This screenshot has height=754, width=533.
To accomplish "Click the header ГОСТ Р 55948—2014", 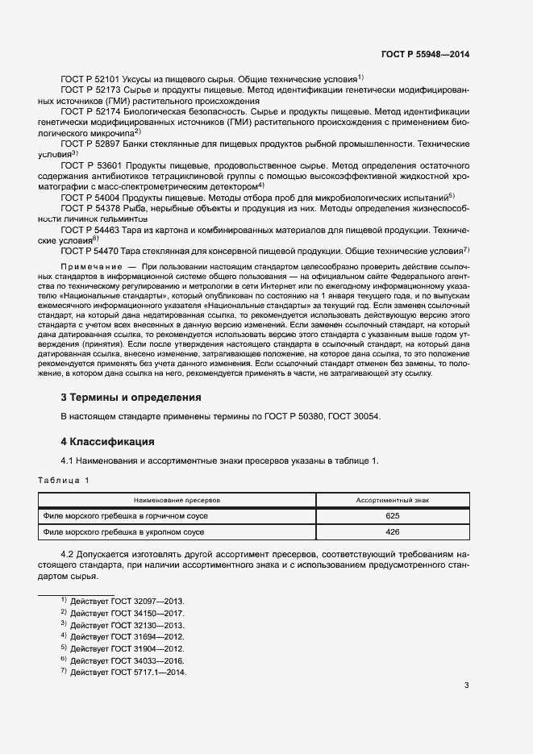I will click(425, 54).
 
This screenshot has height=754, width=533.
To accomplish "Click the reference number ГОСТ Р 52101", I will click(90, 80).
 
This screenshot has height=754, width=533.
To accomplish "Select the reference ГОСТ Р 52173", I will click(90, 91).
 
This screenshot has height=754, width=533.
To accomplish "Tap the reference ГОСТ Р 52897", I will click(90, 143).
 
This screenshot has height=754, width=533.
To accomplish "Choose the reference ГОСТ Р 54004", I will click(90, 197).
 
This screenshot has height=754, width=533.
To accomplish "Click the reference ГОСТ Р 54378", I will click(90, 208).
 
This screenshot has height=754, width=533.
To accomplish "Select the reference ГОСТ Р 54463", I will click(90, 230).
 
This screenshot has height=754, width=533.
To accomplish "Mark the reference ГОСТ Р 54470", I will click(90, 252).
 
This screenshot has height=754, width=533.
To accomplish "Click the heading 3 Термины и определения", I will click(131, 398).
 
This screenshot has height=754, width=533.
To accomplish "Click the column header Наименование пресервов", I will click(177, 501).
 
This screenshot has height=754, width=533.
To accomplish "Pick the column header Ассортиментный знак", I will click(393, 501).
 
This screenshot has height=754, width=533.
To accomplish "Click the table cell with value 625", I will click(393, 516).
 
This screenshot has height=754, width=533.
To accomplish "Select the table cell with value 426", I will click(393, 532).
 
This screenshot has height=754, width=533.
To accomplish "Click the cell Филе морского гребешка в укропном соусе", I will click(122, 532).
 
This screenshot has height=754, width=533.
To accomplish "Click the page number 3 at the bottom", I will click(466, 686).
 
